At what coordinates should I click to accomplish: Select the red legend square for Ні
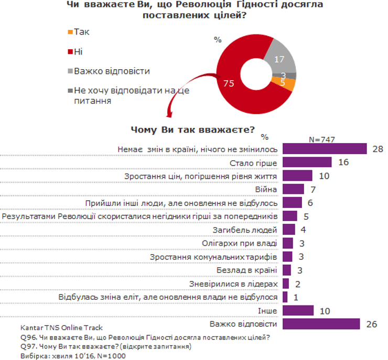click(x=71, y=51)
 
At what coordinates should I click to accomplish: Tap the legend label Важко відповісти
click(x=112, y=71)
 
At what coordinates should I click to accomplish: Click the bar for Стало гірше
click(x=307, y=162)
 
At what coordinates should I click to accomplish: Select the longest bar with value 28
click(x=324, y=149)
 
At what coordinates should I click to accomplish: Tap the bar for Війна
click(x=293, y=189)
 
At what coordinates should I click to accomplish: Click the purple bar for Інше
click(x=298, y=311)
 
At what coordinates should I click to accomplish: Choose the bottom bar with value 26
click(x=321, y=324)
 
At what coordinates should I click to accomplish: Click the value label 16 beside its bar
click(x=343, y=162)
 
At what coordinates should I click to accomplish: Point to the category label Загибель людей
click(x=250, y=230)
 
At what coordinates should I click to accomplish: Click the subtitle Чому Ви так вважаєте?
click(x=192, y=129)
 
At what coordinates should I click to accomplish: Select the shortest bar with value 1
click(x=285, y=297)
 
